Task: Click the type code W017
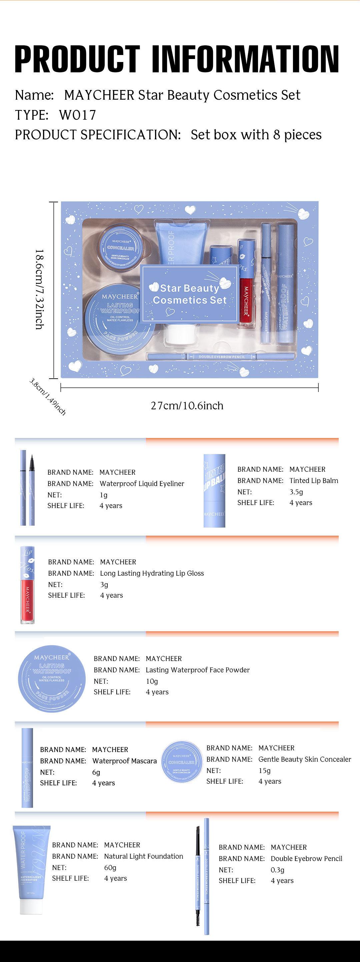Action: click(77, 115)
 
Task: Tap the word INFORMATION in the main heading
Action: click(245, 59)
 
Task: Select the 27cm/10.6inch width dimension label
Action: click(187, 406)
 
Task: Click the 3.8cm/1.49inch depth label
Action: click(47, 397)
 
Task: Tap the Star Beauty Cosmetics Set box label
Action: click(190, 294)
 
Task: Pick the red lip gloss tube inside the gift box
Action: click(245, 289)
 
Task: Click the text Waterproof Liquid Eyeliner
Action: click(142, 484)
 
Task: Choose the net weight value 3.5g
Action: click(296, 492)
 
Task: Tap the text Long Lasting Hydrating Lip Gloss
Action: click(152, 573)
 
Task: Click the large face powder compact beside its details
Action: click(52, 679)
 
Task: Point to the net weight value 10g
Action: click(152, 681)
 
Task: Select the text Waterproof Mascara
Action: click(124, 761)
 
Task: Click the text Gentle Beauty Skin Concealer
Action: click(304, 759)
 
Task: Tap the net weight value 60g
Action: click(110, 868)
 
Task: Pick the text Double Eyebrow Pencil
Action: click(306, 859)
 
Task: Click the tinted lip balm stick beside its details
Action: click(214, 490)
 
